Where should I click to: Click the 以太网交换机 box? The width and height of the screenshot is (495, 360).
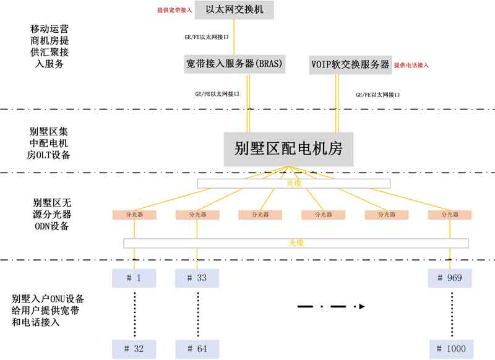coord(233,10)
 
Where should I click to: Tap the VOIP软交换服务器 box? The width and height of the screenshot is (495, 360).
coord(350,64)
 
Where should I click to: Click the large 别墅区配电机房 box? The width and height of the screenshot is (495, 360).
coord(289,148)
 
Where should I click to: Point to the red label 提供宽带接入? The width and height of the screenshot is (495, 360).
coord(175,11)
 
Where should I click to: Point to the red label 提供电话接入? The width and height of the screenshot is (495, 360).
coord(411,65)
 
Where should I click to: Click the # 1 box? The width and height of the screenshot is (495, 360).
coord(134,278)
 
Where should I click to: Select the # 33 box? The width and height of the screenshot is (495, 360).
coord(197,278)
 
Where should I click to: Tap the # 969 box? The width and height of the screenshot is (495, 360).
coord(450,278)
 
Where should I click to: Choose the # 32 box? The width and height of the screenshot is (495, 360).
coord(134,349)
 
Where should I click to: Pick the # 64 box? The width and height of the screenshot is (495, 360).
coord(197,349)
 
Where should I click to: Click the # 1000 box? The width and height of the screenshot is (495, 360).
coord(450,349)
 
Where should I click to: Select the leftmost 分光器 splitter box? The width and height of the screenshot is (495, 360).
coord(134,215)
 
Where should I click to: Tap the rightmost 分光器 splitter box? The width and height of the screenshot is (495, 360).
coord(449,215)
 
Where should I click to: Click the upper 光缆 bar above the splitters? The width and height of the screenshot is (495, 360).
coord(293,183)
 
